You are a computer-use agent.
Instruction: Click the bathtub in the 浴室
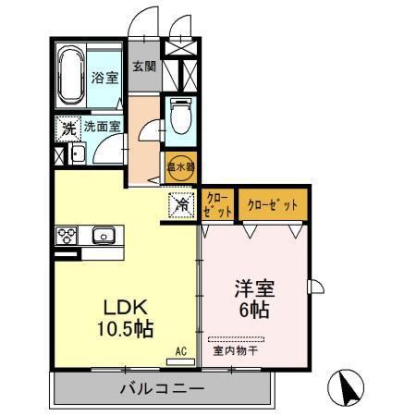71,76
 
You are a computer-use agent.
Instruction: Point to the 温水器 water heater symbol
180,166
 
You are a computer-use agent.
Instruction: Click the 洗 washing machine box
67,128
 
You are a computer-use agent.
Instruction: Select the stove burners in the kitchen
67,236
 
